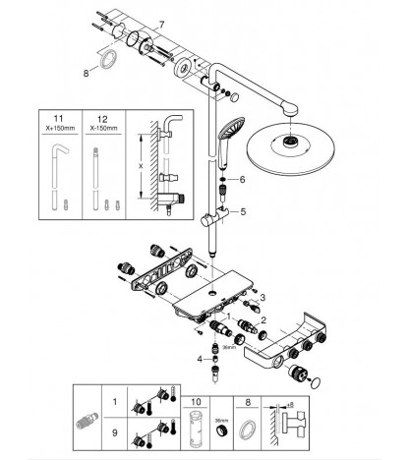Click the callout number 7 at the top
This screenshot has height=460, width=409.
tap(161, 25)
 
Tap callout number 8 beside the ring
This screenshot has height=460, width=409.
tap(86, 73)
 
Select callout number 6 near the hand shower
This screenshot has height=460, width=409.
tap(242, 179)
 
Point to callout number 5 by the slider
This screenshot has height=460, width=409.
tap(243, 211)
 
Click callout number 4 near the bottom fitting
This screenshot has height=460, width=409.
tap(200, 360)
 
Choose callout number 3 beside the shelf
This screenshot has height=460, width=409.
tap(263, 298)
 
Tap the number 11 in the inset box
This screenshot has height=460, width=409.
tap(58, 118)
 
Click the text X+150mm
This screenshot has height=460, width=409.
tap(60, 128)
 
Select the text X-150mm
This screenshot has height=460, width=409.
tap(103, 128)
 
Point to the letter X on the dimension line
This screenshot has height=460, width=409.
tap(141, 166)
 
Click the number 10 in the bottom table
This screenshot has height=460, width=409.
tap(196, 402)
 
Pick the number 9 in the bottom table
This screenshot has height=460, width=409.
tap(115, 432)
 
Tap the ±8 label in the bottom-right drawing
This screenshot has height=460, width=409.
tap(290, 405)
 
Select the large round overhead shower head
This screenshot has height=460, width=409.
tap(291, 145)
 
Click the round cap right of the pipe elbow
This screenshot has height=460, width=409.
tap(235, 97)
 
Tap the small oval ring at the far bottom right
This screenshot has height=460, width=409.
tap(315, 382)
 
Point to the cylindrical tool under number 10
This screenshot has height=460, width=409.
tap(196, 429)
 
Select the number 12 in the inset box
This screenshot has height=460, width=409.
tap(102, 119)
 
